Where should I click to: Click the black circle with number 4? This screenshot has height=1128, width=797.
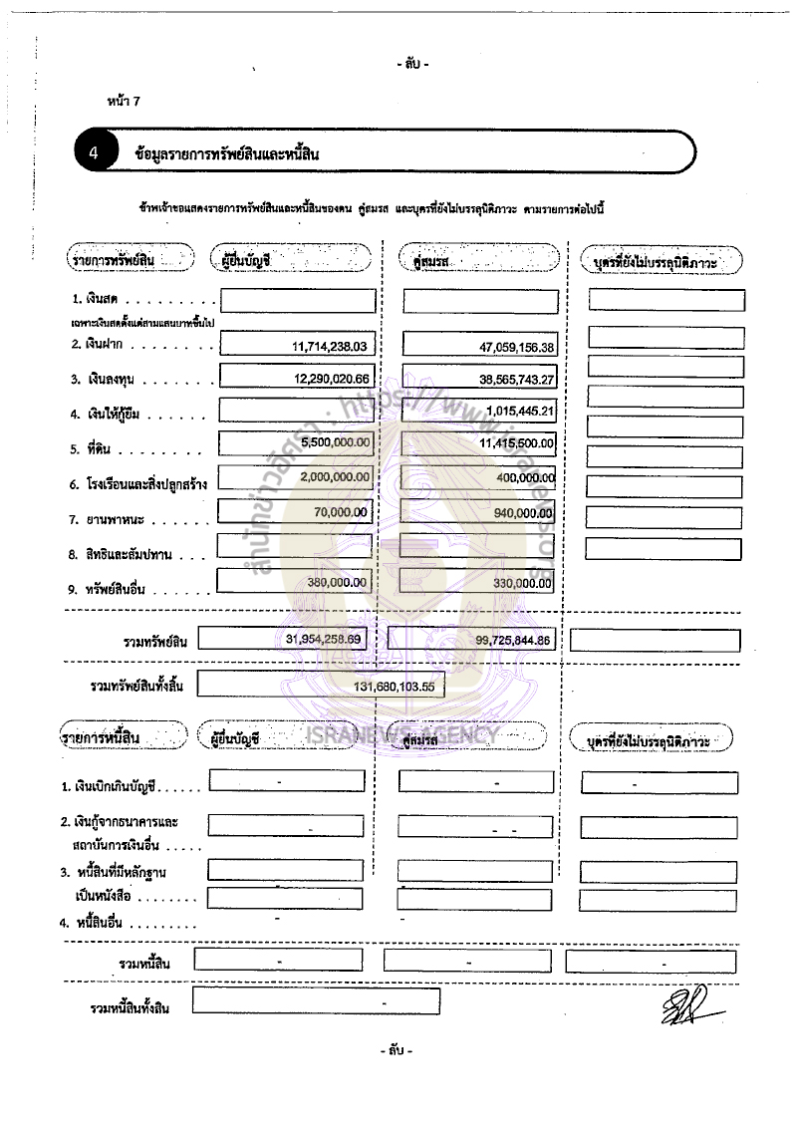pyautogui.click(x=93, y=153)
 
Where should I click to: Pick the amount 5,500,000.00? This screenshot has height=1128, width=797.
pyautogui.click(x=335, y=442)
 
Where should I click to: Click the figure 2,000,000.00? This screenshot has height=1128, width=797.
pyautogui.click(x=335, y=477)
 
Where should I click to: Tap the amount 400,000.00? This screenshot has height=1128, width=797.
pyautogui.click(x=524, y=478)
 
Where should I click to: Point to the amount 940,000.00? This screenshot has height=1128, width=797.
pyautogui.click(x=524, y=513)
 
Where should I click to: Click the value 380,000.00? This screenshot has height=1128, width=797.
pyautogui.click(x=338, y=582)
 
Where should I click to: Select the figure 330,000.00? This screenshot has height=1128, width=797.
pyautogui.click(x=523, y=583)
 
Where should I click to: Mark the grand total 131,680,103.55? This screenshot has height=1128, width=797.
pyautogui.click(x=398, y=687)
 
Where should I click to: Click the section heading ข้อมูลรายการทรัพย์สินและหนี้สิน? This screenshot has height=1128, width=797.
pyautogui.click(x=226, y=154)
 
